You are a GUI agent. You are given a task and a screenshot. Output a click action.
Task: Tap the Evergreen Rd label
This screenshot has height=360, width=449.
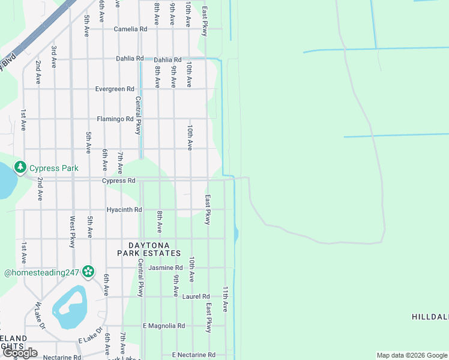(115, 89)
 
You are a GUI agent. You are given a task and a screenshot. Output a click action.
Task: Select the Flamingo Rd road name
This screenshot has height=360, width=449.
(115, 119)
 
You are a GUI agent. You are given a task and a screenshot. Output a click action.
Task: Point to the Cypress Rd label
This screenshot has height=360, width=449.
(118, 181)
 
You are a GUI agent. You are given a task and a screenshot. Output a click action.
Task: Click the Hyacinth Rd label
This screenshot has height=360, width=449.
(124, 210)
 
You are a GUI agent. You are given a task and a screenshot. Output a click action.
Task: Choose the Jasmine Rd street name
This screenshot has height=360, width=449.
(165, 268)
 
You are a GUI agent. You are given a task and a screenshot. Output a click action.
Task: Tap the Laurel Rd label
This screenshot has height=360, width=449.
(197, 296)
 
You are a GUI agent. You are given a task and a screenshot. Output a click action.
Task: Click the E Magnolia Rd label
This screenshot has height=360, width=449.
(163, 326)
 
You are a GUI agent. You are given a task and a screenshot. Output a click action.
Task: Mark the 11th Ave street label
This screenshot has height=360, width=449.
(226, 298)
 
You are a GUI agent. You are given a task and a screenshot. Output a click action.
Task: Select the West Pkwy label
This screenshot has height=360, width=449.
(72, 232)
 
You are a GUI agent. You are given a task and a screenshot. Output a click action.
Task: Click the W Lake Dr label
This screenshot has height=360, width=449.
(40, 316)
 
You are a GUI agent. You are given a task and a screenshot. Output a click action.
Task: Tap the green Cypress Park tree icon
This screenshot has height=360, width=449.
(20, 166)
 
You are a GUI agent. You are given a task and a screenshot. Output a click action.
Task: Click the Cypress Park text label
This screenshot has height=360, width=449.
(54, 169)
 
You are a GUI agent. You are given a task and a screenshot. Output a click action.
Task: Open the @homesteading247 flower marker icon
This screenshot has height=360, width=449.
(88, 272)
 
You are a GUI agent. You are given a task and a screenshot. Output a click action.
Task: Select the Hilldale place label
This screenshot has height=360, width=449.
(430, 316)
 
